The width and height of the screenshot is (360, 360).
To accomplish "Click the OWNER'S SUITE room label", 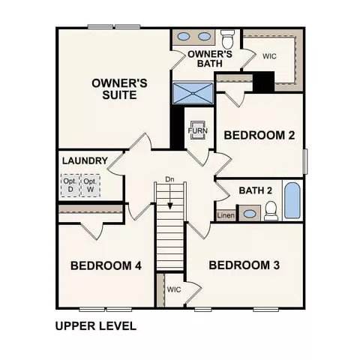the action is pos(119,89).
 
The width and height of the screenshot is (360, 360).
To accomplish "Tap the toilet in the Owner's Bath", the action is pos(228,39).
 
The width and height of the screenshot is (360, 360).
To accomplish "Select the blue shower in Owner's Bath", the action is pos(193,93).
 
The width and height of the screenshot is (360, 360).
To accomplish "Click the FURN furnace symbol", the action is pos(198,130).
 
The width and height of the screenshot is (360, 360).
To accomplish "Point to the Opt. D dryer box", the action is pos(70,185).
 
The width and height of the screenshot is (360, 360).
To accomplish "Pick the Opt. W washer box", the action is pos(90,185).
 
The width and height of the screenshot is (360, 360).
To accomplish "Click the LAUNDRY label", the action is pos(85,160).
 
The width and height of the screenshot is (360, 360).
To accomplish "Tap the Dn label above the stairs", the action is pos(169,179).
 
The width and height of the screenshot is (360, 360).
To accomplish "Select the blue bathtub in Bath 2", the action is pos(292,200).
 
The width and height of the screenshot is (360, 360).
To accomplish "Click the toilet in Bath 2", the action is pos(271,211).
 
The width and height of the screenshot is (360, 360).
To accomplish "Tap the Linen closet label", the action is pos(226,215).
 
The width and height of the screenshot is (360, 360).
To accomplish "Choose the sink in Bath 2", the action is pos(250,214).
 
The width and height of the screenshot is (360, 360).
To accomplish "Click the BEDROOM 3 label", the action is pos(244,265).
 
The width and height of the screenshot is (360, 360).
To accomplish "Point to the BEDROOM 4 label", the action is pos(106,265).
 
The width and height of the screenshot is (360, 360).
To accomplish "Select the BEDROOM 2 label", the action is pos(259,135).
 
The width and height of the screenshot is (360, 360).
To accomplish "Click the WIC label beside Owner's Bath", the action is pos(269,56).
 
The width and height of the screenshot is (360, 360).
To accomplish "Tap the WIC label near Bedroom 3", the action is pos(174,289).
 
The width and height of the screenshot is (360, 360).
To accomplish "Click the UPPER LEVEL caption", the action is pos(96,326).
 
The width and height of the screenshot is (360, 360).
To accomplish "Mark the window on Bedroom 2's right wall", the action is pos(305,161).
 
